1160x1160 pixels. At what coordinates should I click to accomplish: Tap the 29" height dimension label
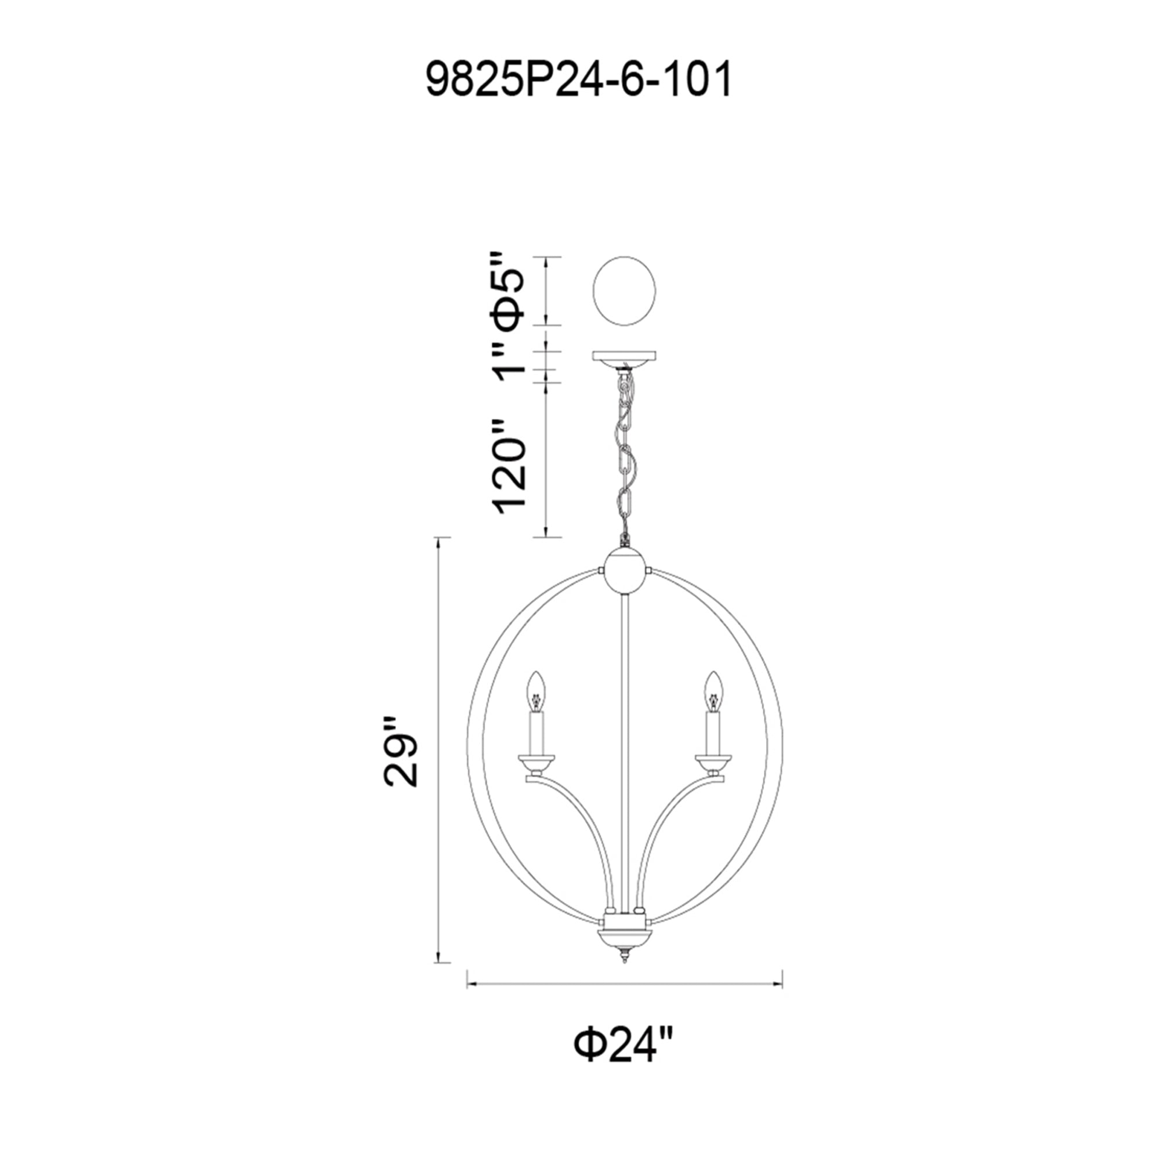pyautogui.click(x=400, y=751)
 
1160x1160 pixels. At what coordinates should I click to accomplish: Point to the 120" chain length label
pyautogui.click(x=510, y=466)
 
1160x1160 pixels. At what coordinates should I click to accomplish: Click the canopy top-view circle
pyautogui.click(x=624, y=291)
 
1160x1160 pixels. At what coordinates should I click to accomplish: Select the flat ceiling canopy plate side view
pyautogui.click(x=625, y=357)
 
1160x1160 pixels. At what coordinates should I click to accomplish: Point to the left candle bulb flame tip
pyautogui.click(x=536, y=675)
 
